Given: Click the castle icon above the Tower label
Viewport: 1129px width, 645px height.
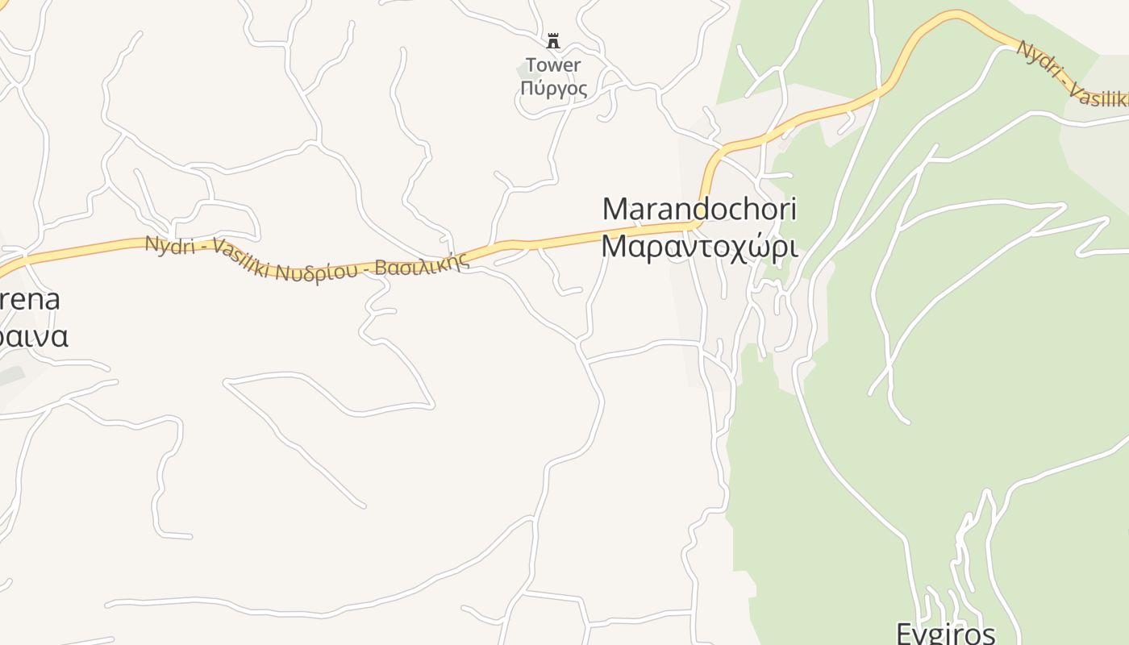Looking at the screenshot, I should pos(553,41).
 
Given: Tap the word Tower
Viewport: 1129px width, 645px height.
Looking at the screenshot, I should pos(553,65).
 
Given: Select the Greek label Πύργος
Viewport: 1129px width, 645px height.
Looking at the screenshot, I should pos(554,88).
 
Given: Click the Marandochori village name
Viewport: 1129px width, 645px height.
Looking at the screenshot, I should pos(699,210).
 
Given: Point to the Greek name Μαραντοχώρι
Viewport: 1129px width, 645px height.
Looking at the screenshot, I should pos(699,246).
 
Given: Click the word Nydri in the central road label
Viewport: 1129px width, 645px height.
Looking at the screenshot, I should pos(170,245).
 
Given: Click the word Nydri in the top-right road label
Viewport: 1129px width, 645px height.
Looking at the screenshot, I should pos(1037,58).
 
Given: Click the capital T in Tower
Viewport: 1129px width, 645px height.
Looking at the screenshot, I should pos(531,65).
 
